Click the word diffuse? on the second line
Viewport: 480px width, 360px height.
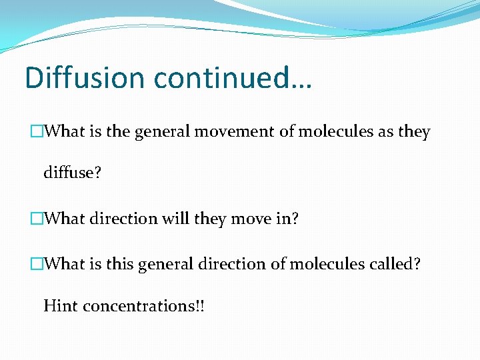click(x=72, y=173)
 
